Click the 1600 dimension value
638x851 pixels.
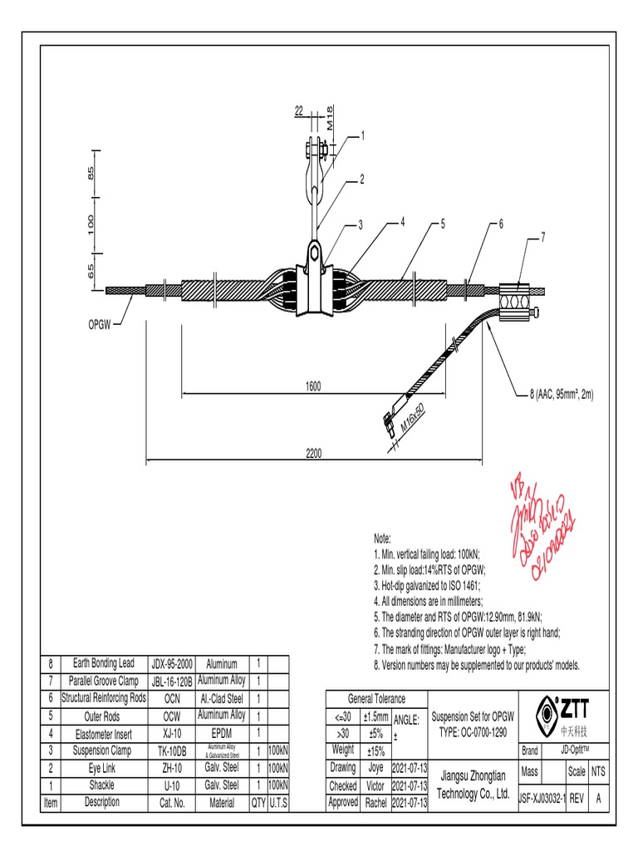312,386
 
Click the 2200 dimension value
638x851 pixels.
312,453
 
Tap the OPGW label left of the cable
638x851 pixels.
105,322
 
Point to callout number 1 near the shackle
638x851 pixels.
361,135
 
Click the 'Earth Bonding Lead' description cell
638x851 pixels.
103,663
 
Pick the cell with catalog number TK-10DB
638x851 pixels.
172,750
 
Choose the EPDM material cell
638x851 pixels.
221,733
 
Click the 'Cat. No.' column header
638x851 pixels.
172,803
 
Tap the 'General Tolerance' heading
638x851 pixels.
376,699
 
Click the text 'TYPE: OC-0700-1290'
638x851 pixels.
474,731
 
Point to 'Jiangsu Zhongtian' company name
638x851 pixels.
473,775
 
